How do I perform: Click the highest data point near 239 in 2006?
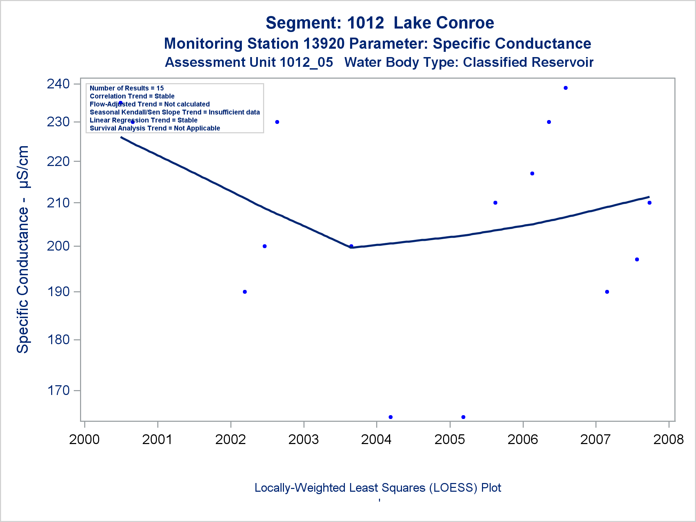pyautogui.click(x=565, y=88)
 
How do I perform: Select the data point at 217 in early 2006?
pyautogui.click(x=532, y=174)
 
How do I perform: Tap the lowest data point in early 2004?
pyautogui.click(x=390, y=417)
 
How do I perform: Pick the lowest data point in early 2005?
pyautogui.click(x=463, y=417)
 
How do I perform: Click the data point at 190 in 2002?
pyautogui.click(x=245, y=292)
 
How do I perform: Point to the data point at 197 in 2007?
pyautogui.click(x=637, y=260)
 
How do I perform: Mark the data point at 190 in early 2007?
pyautogui.click(x=607, y=292)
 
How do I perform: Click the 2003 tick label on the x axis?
pyautogui.click(x=303, y=440)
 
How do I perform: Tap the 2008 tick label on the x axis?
pyautogui.click(x=669, y=440)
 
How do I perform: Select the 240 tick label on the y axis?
pyautogui.click(x=58, y=84)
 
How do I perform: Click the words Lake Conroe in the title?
pyautogui.click(x=444, y=23)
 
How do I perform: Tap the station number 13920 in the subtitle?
pyautogui.click(x=324, y=44)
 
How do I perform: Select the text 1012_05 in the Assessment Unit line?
pyautogui.click(x=306, y=62)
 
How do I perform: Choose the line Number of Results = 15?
pyautogui.click(x=127, y=88)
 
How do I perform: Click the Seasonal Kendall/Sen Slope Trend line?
pyautogui.click(x=175, y=112)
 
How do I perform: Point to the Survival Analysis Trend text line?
pyautogui.click(x=155, y=128)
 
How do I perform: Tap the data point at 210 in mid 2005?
pyautogui.click(x=495, y=203)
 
